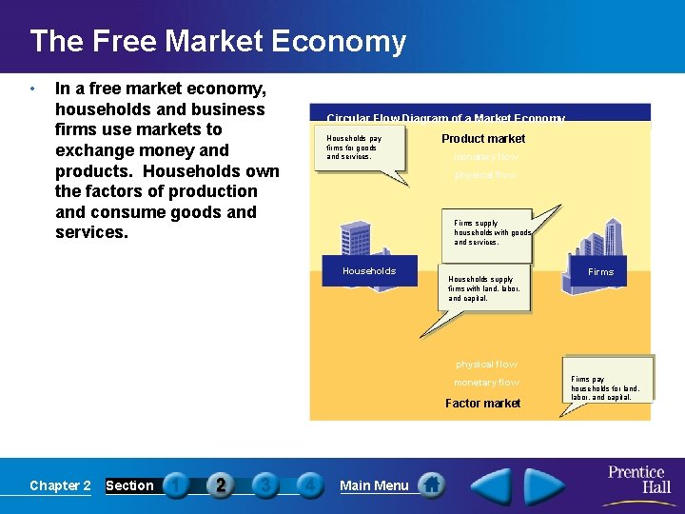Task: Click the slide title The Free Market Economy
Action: pos(218,41)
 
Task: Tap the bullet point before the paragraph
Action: pos(32,89)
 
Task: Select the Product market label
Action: pos(482,139)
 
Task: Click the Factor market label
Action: pos(482,404)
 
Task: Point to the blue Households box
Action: pos(369,271)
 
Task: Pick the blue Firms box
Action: pos(600,272)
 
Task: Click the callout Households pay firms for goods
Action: pos(357,148)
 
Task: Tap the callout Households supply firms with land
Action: pos(485,289)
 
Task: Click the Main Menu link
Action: pos(374,485)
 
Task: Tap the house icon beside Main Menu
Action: pos(433,485)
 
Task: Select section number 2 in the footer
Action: pos(221,485)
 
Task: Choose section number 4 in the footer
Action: pos(309,485)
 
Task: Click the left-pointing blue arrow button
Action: pos(491,484)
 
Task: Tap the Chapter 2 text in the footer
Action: pos(60,485)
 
